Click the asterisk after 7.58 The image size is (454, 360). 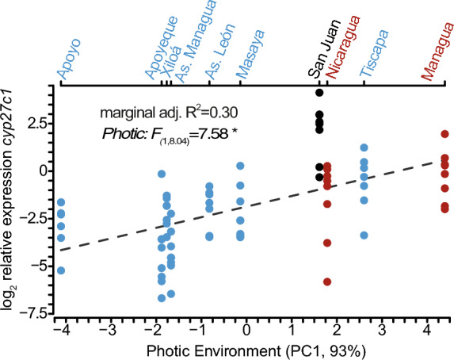point(234,132)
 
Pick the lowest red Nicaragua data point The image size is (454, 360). point(326,281)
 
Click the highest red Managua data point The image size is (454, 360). point(444,134)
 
